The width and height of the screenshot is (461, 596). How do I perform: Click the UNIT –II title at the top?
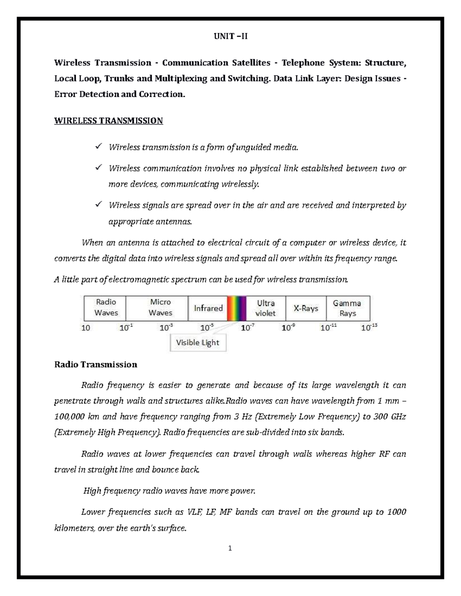[x=230, y=36]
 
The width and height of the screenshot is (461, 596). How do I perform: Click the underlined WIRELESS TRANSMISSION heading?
[x=108, y=121]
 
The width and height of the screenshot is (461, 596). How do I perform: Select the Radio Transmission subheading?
[x=96, y=364]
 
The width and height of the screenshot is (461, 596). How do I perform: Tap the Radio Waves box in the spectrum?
[x=105, y=308]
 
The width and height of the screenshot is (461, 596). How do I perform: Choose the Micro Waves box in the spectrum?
[x=160, y=308]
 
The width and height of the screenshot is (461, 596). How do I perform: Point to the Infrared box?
[x=208, y=308]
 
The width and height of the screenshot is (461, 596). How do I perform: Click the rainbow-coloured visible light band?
[x=236, y=308]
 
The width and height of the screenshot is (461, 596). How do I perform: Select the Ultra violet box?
[x=265, y=308]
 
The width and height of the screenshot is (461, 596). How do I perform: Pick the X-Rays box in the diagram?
[x=306, y=308]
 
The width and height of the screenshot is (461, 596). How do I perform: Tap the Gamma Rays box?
[x=347, y=308]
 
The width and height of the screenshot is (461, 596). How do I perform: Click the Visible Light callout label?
[x=197, y=343]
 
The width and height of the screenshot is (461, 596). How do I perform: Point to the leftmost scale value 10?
[x=86, y=328]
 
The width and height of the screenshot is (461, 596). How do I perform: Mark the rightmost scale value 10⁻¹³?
[x=369, y=328]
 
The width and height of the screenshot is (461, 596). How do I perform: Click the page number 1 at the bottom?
[x=230, y=548]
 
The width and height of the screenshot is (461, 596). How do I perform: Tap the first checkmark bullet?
[x=98, y=147]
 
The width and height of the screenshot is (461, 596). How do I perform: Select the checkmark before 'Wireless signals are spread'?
[x=98, y=205]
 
